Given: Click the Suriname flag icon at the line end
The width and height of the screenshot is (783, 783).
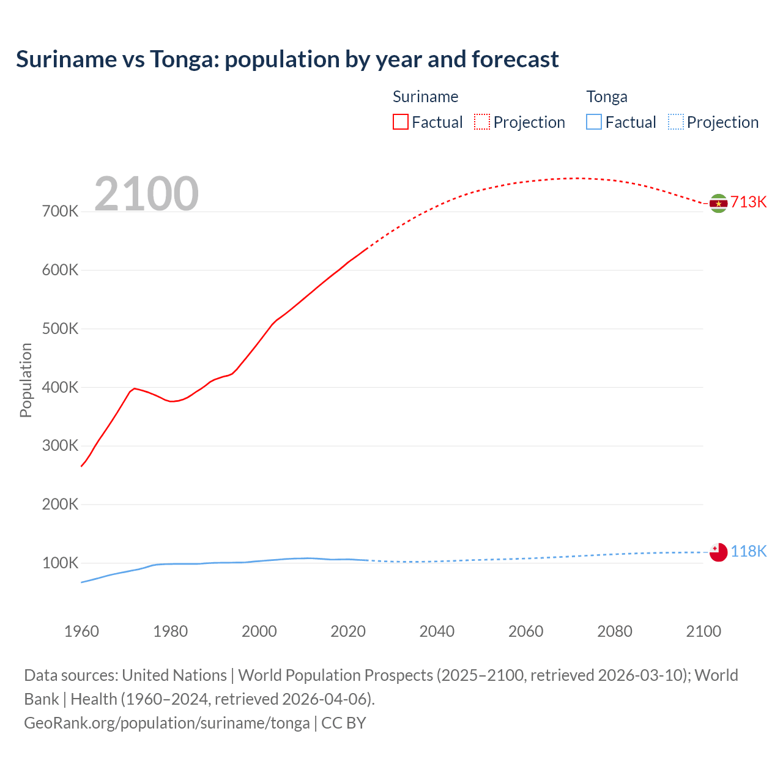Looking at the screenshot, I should point(718,203).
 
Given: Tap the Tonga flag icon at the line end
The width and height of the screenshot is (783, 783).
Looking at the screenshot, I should point(718,552).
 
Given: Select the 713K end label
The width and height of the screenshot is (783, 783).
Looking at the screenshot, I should point(748,202).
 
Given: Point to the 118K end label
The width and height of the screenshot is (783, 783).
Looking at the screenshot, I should point(748,551).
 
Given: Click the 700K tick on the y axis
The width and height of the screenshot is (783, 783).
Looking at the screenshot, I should point(61,212).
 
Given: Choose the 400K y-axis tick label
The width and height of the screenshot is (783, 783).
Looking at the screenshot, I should point(61,387).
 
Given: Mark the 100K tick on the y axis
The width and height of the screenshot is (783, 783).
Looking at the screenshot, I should point(61,563).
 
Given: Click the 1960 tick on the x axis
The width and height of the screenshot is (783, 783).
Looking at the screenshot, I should point(81,631).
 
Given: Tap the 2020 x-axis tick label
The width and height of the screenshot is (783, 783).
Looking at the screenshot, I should point(348,631).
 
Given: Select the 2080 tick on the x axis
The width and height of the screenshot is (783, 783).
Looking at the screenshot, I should point(614,631).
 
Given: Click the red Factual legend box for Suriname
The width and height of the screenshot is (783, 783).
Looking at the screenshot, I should point(401,122).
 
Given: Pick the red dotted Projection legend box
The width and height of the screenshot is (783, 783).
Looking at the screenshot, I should point(482,122).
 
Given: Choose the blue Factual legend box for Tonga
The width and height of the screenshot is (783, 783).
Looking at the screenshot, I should point(594,122).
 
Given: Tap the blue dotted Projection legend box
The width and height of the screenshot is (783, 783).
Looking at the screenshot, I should point(675,122).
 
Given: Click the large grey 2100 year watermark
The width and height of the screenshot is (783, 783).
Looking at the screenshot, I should point(146,194).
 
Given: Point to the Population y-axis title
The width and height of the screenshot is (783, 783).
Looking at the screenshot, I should point(26,380).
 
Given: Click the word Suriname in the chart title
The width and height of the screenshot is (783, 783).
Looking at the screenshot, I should point(66,59).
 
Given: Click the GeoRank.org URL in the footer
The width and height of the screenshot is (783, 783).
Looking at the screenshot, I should point(166,722).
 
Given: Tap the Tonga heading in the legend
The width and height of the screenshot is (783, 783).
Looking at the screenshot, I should point(607,97).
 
